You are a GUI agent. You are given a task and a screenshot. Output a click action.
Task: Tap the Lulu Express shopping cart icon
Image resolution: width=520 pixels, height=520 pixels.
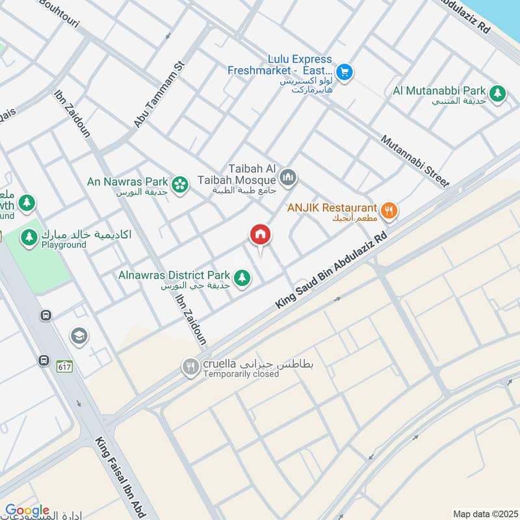[344, 72]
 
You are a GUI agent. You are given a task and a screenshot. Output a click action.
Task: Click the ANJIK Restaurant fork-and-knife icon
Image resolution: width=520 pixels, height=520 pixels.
[389, 210]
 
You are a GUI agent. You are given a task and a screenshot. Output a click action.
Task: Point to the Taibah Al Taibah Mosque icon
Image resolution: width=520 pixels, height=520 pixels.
[288, 177]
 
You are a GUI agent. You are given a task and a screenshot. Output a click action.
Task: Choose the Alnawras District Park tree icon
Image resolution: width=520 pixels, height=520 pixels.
[242, 278]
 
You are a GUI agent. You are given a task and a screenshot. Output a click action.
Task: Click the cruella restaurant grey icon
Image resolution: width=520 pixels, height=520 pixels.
[190, 367]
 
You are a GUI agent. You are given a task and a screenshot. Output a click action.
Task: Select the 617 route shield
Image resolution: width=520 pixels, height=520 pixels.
[64, 367]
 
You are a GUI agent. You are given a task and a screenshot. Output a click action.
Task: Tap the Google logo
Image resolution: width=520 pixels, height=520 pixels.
[27, 511]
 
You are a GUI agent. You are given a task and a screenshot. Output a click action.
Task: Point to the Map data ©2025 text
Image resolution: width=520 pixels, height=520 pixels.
[484, 513]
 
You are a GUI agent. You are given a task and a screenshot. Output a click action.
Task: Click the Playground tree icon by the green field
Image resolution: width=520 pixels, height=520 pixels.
[29, 238]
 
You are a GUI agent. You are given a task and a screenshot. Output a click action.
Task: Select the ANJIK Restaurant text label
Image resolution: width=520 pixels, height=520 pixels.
[333, 209]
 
